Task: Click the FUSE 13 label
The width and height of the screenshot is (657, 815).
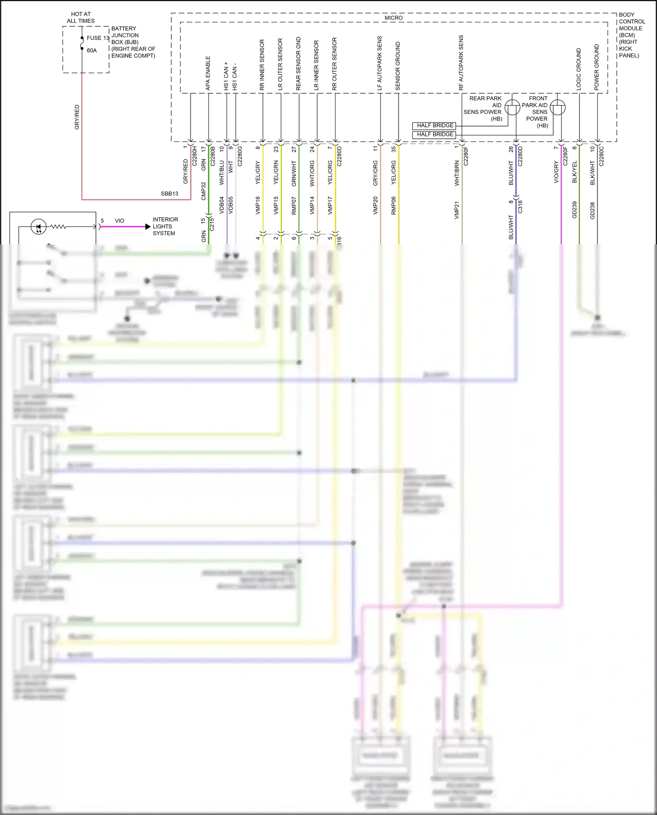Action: point(98,38)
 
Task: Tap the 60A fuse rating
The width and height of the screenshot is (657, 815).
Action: point(92,50)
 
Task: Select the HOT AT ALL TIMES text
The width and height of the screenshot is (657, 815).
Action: point(81,18)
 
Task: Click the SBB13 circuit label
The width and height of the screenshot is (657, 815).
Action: point(170,194)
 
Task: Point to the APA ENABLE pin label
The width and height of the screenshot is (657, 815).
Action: point(208,73)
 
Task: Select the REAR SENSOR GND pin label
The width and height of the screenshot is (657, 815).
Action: point(298,64)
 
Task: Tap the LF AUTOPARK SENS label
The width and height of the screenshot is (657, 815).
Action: point(380,63)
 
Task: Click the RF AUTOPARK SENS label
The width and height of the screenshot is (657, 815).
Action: point(461,63)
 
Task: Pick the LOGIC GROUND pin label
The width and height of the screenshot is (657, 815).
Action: point(579,69)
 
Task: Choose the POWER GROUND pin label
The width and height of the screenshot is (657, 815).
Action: point(597,67)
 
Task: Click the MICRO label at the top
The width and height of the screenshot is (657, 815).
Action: point(393,18)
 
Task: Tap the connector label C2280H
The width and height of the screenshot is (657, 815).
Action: point(195,156)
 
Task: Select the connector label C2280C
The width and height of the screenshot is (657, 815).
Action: point(601,156)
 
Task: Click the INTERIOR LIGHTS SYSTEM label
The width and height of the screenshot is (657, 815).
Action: point(165,226)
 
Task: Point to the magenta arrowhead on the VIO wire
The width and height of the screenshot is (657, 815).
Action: point(148,227)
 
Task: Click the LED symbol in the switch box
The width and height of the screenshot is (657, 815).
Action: point(39,226)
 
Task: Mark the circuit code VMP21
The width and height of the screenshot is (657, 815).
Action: point(456,210)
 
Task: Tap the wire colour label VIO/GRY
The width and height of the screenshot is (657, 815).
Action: point(556,172)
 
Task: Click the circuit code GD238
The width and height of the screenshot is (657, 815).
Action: point(592,210)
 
